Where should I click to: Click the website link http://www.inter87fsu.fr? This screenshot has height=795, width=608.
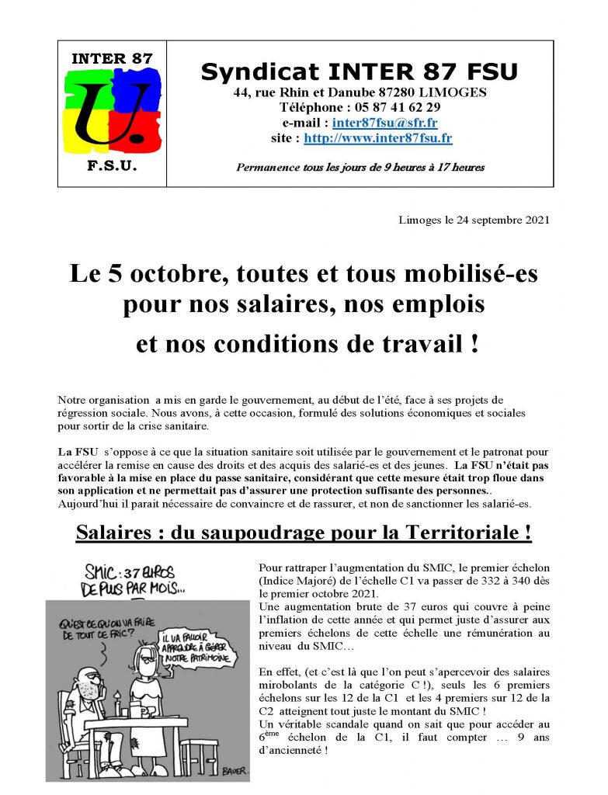[x=378, y=138]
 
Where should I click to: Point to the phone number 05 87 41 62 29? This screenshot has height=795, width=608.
[x=399, y=107]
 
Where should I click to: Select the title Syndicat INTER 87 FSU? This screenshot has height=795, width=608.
[x=360, y=72]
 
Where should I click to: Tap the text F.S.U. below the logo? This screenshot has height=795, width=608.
[x=112, y=167]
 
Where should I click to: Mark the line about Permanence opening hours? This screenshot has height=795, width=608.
[x=360, y=167]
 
